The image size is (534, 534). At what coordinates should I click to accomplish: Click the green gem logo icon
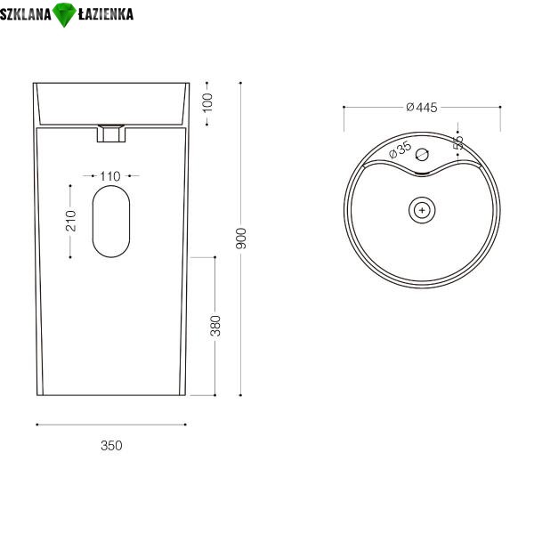click(x=64, y=14)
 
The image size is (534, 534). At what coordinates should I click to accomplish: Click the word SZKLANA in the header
click(x=26, y=14)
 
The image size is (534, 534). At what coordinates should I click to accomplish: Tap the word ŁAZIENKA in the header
click(x=106, y=13)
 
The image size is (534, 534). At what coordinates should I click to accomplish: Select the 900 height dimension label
click(x=241, y=239)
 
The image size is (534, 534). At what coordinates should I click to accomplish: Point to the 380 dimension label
click(x=215, y=326)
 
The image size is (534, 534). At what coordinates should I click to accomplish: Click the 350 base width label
click(x=111, y=446)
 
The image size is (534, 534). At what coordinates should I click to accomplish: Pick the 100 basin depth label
click(x=207, y=102)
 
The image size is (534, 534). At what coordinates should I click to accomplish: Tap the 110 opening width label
click(x=110, y=176)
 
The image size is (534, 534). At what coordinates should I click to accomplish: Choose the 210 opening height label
click(x=71, y=221)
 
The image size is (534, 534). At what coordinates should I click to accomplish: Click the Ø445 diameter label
click(x=422, y=108)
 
